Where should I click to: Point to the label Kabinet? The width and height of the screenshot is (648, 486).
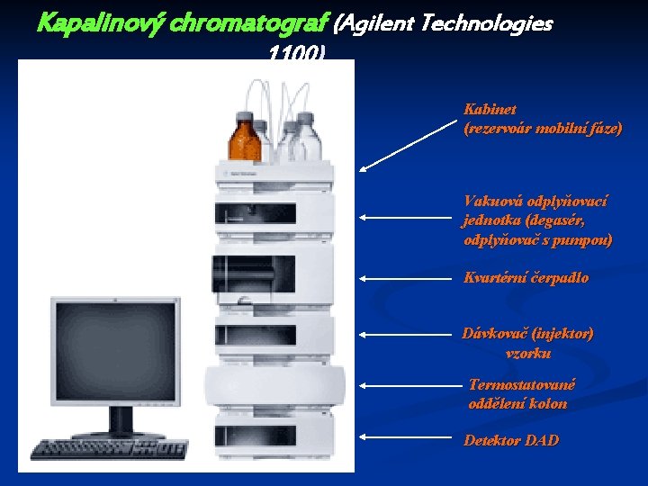490,109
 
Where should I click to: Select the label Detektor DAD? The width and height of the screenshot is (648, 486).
511,440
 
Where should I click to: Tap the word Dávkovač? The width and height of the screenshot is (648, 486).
492,333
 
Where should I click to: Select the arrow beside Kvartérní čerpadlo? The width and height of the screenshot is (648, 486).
405,278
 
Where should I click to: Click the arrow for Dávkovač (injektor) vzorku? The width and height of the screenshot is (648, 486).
405,334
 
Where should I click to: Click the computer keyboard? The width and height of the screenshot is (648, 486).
108,449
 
